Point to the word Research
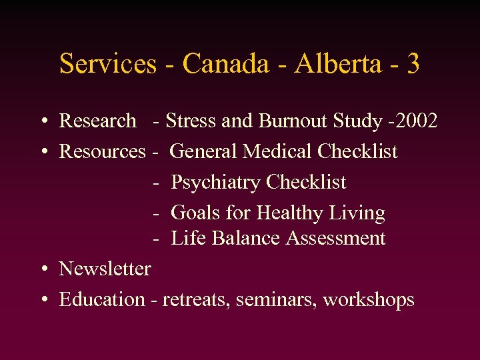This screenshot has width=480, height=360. [x=97, y=121]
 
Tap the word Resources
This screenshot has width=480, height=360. [x=102, y=151]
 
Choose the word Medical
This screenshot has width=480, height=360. [x=279, y=151]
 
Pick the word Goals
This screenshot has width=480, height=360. [x=194, y=213]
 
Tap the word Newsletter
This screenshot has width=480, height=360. [x=105, y=269]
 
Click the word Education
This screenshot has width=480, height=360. [x=102, y=299]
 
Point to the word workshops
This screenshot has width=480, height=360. [x=369, y=300]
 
